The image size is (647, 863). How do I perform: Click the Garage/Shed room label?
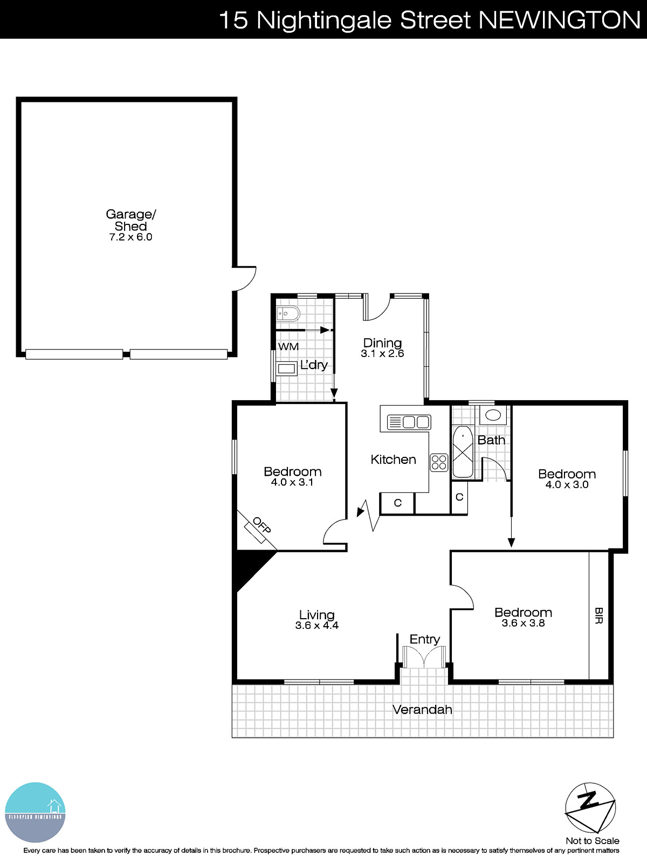130,220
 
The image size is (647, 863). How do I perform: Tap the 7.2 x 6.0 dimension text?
130,237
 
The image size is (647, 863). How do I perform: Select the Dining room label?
382,343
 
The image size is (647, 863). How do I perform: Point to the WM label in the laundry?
288,347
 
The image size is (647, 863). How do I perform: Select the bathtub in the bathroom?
463,452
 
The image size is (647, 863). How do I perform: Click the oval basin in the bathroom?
493,415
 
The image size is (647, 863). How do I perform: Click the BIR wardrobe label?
598,615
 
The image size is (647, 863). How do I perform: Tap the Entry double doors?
424,657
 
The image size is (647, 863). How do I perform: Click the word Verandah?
422,710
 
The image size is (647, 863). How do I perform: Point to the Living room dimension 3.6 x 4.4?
317,626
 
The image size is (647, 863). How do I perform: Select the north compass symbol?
590,808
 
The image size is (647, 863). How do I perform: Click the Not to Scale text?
593,841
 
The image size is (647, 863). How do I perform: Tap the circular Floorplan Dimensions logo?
35,812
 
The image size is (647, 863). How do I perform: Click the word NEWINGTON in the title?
559,20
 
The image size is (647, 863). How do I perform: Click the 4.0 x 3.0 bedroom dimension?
567,485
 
